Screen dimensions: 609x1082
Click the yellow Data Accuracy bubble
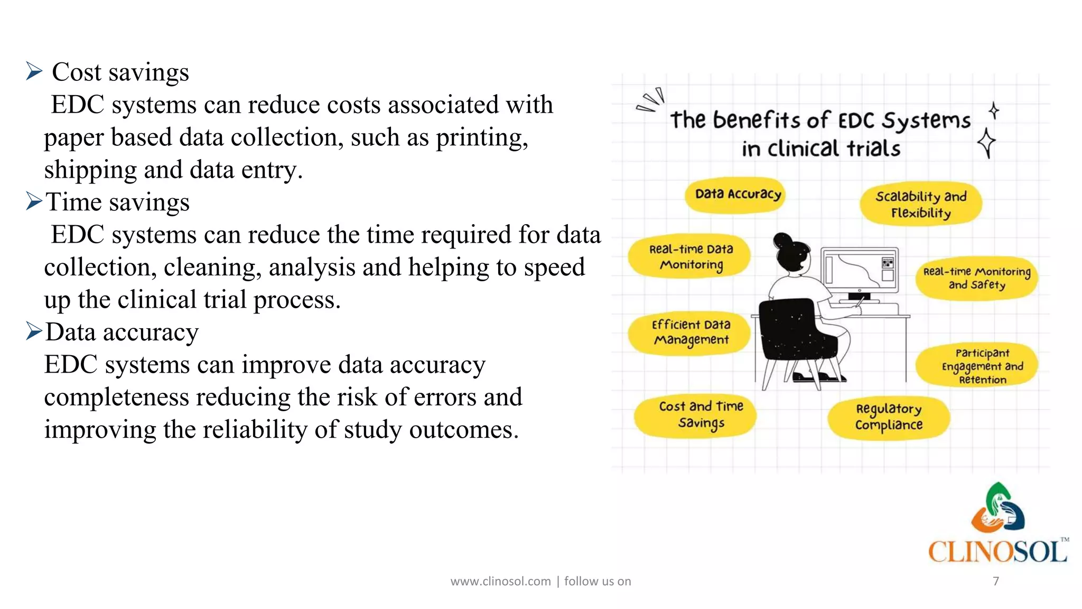click(x=738, y=195)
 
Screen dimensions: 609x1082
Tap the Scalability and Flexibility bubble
click(x=921, y=204)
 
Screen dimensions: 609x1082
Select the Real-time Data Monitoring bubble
click(x=691, y=257)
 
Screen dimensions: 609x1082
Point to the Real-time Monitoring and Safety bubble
click(x=976, y=278)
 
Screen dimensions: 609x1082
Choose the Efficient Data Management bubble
click(x=691, y=333)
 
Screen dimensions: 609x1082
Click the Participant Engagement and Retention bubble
click(x=982, y=366)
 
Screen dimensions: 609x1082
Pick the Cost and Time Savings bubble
click(x=701, y=414)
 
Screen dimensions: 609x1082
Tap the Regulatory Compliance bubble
click(x=889, y=417)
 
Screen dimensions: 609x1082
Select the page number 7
click(x=996, y=581)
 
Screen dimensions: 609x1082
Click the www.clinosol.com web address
click(x=500, y=582)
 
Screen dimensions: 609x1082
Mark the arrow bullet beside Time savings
click(x=34, y=201)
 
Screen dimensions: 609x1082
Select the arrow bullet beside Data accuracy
click(x=34, y=331)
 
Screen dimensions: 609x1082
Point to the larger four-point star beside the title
click(x=986, y=143)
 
